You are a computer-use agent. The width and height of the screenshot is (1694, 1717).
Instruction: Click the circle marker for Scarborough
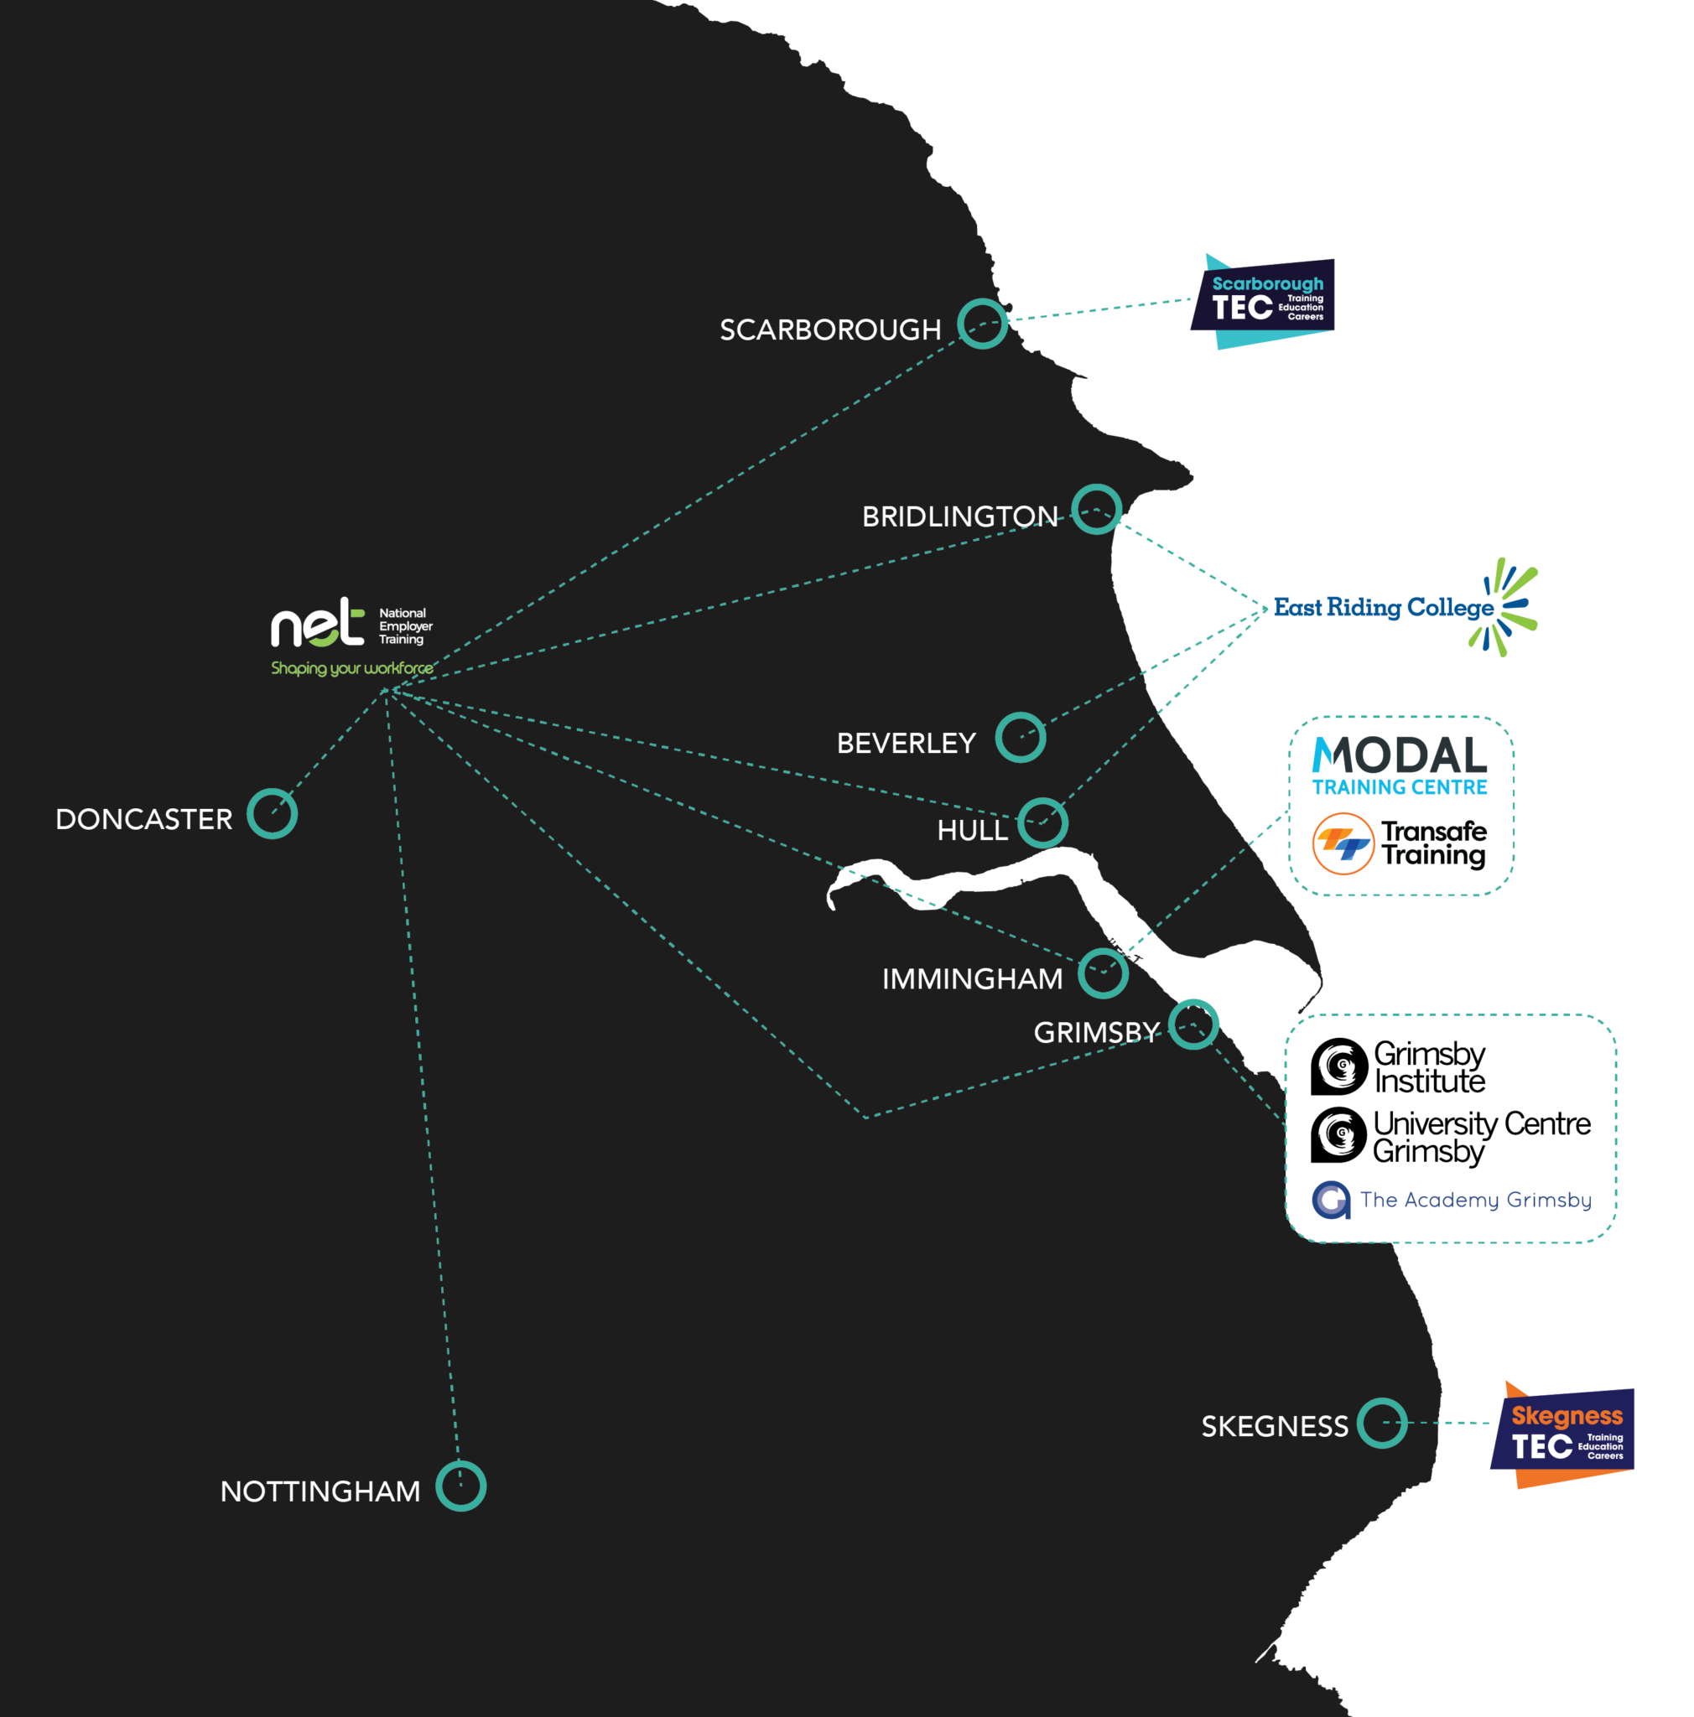pyautogui.click(x=982, y=324)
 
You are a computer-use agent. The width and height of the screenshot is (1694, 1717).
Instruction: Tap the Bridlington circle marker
pyautogui.click(x=1096, y=509)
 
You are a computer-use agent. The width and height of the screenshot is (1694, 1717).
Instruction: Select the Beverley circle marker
pyautogui.click(x=1021, y=737)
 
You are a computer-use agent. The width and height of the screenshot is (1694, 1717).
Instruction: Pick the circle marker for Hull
pyautogui.click(x=1042, y=823)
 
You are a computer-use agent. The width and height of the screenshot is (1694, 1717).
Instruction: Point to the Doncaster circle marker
pyautogui.click(x=272, y=813)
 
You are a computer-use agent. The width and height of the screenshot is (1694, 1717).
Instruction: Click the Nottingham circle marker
pyautogui.click(x=460, y=1485)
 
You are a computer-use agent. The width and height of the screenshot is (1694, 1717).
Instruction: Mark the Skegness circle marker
pyautogui.click(x=1382, y=1422)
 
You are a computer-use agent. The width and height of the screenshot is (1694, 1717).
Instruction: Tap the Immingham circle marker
pyautogui.click(x=1103, y=973)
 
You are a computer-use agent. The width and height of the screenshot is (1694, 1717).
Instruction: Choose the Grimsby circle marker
pyautogui.click(x=1193, y=1024)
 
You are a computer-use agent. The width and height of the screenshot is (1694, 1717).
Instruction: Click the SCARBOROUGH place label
pyautogui.click(x=830, y=329)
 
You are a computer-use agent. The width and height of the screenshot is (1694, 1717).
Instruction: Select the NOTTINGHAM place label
pyautogui.click(x=320, y=1491)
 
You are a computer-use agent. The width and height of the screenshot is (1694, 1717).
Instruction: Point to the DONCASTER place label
pyautogui.click(x=144, y=819)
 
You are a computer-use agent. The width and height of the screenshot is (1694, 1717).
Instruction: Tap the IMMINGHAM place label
pyautogui.click(x=972, y=978)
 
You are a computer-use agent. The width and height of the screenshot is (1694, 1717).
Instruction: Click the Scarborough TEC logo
pyautogui.click(x=1263, y=301)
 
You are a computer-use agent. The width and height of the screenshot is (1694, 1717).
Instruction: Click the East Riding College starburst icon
pyautogui.click(x=1507, y=607)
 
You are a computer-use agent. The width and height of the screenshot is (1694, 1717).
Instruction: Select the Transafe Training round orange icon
pyautogui.click(x=1343, y=843)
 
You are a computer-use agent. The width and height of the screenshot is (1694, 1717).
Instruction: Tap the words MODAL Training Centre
pyautogui.click(x=1400, y=765)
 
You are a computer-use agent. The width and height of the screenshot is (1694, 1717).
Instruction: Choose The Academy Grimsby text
pyautogui.click(x=1475, y=1200)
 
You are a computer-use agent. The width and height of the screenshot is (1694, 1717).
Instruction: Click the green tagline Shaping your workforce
pyautogui.click(x=352, y=668)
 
